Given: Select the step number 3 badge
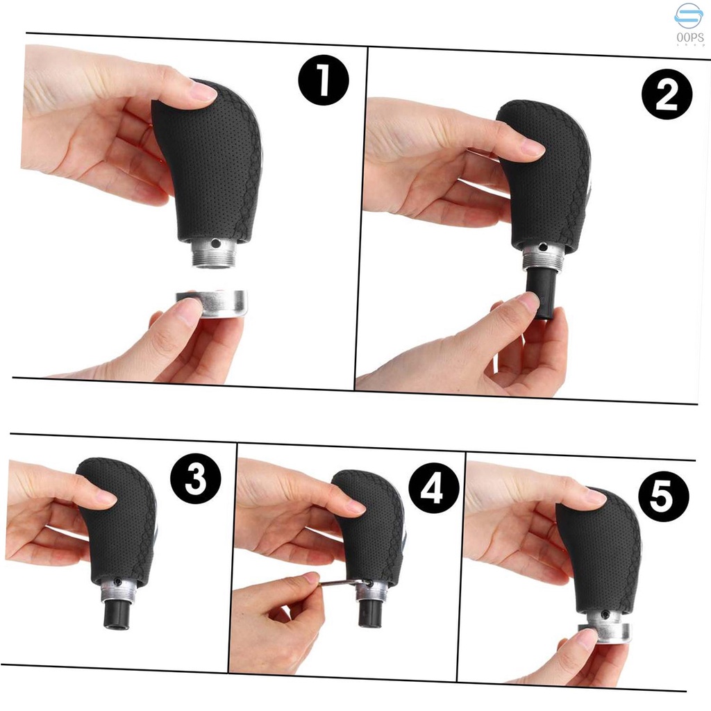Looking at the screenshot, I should [196, 478].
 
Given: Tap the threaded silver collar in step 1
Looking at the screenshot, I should [213, 253].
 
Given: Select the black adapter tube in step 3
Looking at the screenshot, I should [117, 614].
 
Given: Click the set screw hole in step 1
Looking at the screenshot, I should [217, 244].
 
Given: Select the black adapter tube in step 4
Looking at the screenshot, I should [371, 612].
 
